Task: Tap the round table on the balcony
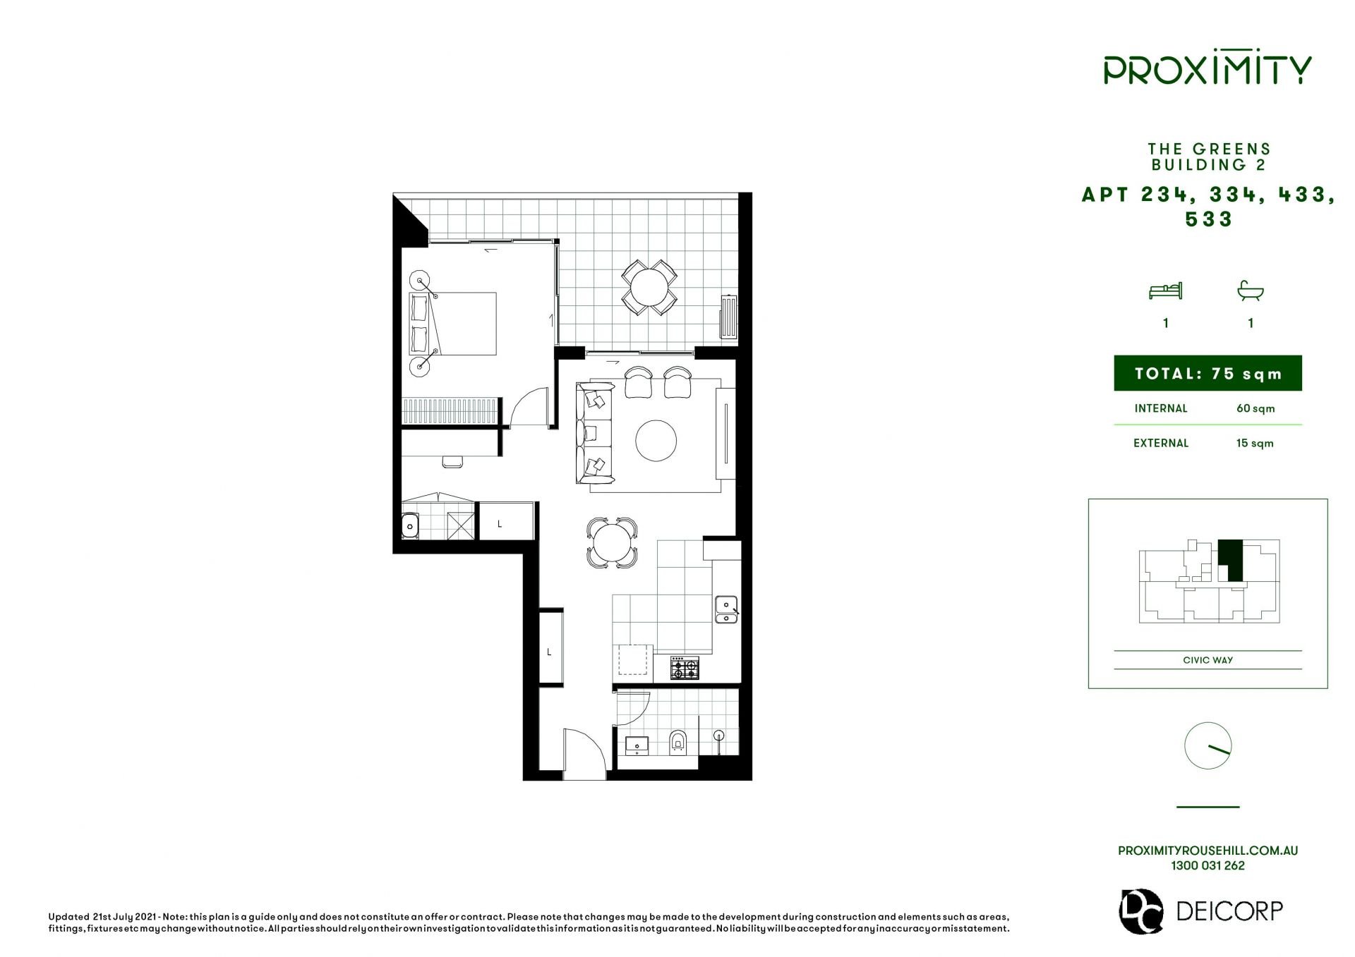(x=649, y=287)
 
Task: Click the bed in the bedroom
(x=453, y=324)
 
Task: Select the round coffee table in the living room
(x=656, y=441)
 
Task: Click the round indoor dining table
(x=612, y=543)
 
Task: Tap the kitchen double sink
(x=726, y=609)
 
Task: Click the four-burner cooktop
(x=685, y=668)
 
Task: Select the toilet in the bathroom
(x=677, y=742)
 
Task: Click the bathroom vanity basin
(x=637, y=745)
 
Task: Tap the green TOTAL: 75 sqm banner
(x=1208, y=373)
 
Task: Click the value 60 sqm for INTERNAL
(x=1255, y=408)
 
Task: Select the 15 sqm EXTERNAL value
(x=1255, y=443)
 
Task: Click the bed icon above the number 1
(x=1165, y=290)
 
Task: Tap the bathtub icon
(x=1251, y=290)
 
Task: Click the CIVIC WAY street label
(x=1208, y=660)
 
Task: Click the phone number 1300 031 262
(x=1208, y=865)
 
